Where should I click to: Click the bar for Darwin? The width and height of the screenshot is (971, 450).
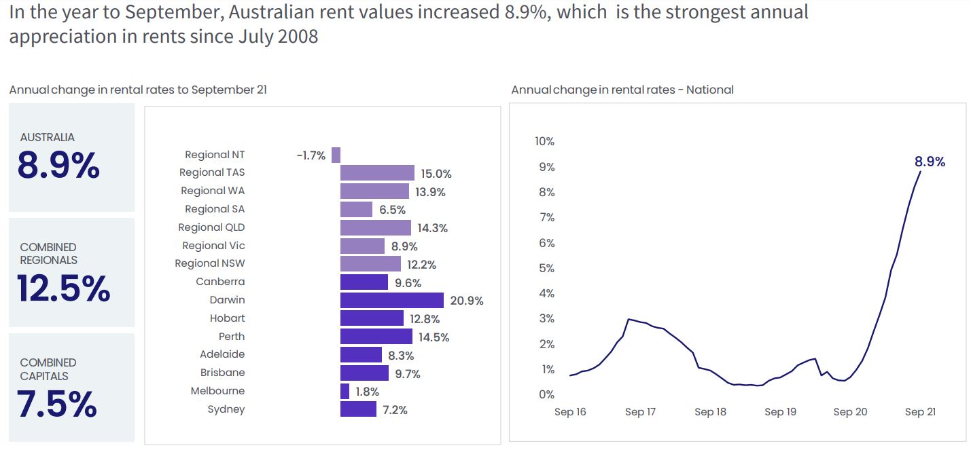point(391,300)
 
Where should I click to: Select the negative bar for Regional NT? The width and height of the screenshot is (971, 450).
point(336,155)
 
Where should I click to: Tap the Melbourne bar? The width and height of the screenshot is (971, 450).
point(345,391)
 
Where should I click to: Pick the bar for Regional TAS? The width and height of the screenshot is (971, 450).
point(377,173)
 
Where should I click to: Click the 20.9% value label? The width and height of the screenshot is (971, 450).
point(467,301)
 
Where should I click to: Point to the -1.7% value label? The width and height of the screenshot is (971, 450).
point(311,155)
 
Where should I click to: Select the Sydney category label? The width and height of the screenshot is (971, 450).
point(226,409)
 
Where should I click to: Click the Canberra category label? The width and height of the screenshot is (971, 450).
point(220,282)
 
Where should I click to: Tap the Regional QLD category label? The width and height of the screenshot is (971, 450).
point(211,227)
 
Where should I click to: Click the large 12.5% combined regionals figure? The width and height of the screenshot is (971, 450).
point(64,289)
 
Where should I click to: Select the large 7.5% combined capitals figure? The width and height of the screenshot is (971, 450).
point(57,405)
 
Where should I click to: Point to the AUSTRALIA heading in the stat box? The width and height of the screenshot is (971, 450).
point(48,137)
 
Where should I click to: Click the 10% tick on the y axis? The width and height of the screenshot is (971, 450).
point(545,141)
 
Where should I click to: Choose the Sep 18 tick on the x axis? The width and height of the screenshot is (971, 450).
point(710,412)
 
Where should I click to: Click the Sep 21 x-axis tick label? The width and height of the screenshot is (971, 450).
point(920,412)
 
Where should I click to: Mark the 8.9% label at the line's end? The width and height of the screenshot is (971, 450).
point(930,162)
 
